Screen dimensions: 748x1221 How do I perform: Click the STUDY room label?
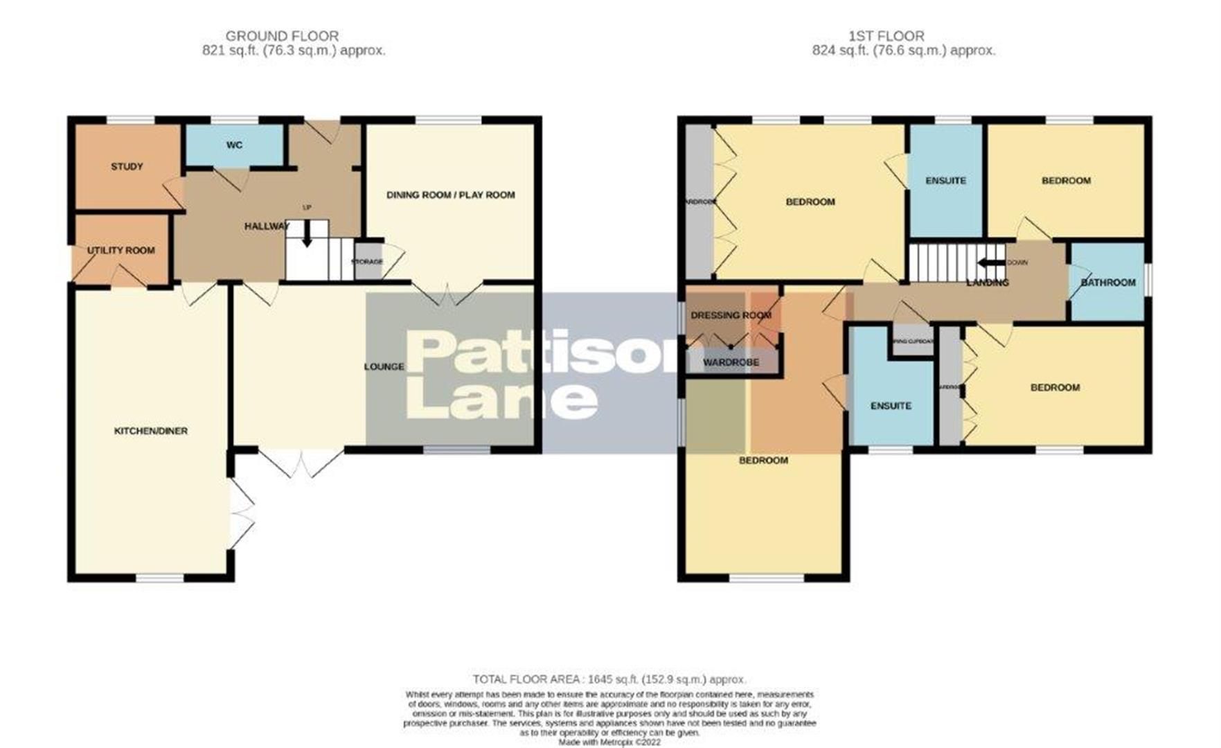pos(127,167)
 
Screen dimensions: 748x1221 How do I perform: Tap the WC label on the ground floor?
pos(234,146)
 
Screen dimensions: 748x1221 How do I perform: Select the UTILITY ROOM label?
pos(121,250)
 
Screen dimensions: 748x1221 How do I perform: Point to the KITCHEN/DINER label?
pos(151,431)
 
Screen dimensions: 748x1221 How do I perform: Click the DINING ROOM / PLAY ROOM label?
pos(450,195)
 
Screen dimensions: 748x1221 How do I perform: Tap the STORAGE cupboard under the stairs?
pos(367,262)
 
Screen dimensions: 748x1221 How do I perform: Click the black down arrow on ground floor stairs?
pos(307,235)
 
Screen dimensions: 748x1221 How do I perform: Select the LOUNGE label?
pos(384,366)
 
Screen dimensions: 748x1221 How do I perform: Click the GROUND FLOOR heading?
pos(282,35)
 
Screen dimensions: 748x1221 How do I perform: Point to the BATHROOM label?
pos(1108,283)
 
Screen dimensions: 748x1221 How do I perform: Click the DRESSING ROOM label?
pos(731,315)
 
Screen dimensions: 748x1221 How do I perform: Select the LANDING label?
pos(988,283)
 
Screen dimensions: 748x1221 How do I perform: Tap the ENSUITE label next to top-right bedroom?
pos(945,181)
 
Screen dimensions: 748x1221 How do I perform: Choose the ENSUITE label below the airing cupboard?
pos(891,406)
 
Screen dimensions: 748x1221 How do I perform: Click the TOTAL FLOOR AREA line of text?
pos(609,679)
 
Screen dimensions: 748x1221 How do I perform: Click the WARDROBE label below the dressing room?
pos(731,362)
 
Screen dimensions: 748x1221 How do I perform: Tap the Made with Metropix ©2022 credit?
pos(609,742)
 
